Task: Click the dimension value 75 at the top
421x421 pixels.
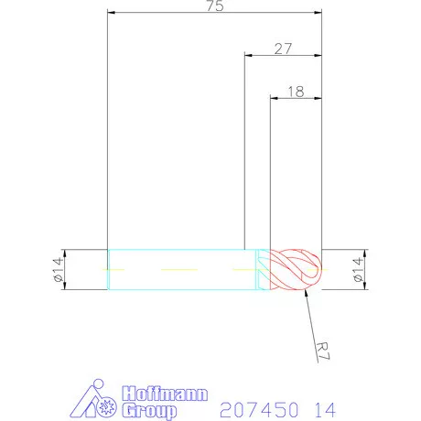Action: pos(215,6)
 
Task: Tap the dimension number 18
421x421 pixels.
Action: pos(296,92)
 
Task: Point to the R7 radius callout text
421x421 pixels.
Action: pos(321,351)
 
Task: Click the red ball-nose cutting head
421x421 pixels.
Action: pos(297,270)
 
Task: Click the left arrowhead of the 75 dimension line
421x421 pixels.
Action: pos(111,13)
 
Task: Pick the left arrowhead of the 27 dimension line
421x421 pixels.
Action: pos(246,56)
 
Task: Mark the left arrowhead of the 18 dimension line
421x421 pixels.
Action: pos(273,98)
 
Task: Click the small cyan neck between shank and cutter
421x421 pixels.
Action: pos(263,270)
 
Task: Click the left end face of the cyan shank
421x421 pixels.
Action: pos(108,270)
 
